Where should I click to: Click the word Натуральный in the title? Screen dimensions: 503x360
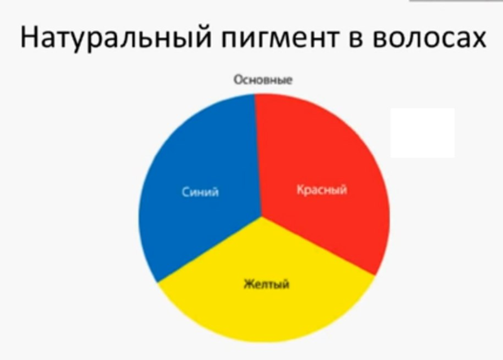(x=116, y=37)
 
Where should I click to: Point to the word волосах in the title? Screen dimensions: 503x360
(x=429, y=38)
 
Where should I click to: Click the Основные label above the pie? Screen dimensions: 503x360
(x=263, y=80)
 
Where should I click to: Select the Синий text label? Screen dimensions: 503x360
(x=200, y=192)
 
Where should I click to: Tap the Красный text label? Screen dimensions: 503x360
(x=322, y=190)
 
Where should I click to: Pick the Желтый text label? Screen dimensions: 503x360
(x=267, y=284)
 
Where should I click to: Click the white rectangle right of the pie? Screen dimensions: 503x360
(x=423, y=133)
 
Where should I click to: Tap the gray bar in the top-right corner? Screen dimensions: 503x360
(x=456, y=1)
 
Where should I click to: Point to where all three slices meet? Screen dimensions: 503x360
(x=262, y=217)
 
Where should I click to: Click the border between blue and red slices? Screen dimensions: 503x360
(x=258, y=155)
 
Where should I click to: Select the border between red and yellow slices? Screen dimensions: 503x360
(x=318, y=246)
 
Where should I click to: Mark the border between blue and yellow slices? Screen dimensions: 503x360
(x=209, y=249)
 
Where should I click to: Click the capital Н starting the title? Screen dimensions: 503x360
(x=28, y=37)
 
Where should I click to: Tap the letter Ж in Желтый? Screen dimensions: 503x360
(x=248, y=283)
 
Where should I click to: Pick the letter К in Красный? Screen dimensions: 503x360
(x=301, y=189)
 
